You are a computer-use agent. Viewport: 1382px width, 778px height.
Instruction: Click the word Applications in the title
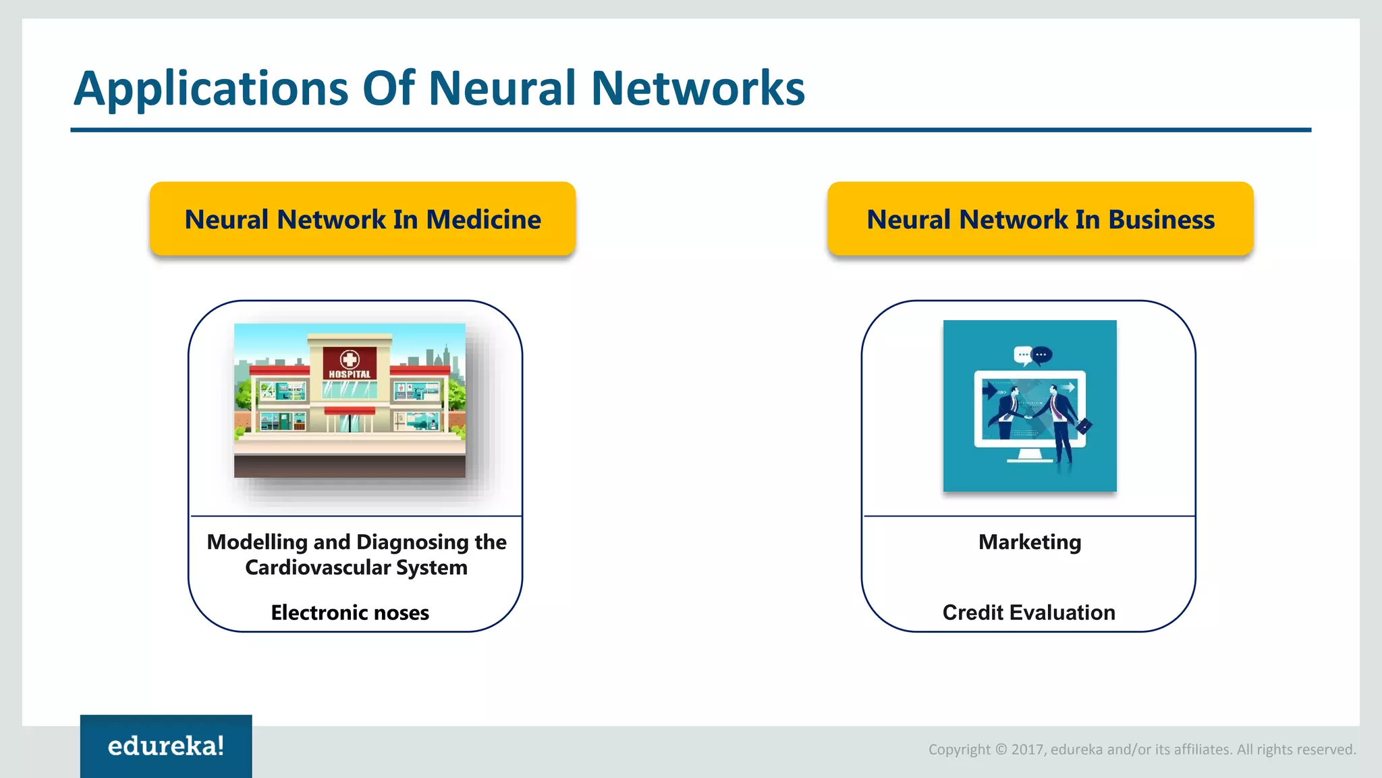(211, 88)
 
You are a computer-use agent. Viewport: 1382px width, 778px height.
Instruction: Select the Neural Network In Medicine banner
(362, 219)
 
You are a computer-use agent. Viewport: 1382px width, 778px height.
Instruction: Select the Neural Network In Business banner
(1040, 219)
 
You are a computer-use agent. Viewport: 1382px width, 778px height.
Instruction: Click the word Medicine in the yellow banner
(483, 219)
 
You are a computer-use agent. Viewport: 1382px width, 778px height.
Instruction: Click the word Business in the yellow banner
(1161, 219)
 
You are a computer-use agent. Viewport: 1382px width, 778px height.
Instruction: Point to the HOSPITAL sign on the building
(350, 373)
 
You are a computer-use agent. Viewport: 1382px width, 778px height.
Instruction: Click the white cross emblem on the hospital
(350, 359)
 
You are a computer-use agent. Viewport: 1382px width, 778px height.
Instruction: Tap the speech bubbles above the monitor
(1032, 355)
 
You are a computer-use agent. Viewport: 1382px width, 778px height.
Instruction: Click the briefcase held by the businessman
(1084, 426)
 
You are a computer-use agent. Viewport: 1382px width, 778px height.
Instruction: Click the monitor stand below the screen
(1030, 457)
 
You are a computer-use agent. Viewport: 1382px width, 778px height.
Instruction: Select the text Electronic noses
(350, 613)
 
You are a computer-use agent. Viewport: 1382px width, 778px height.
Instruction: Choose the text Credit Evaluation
(1028, 613)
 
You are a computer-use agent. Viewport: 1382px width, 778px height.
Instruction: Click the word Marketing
(1030, 542)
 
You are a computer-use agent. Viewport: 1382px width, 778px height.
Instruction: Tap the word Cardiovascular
(318, 568)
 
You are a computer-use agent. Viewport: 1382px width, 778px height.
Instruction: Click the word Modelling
(257, 542)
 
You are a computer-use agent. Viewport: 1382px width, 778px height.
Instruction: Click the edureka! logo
(166, 746)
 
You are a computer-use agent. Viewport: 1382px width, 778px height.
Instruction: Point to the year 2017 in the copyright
(1027, 750)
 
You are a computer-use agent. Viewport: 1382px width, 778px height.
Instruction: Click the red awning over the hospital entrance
(350, 411)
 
